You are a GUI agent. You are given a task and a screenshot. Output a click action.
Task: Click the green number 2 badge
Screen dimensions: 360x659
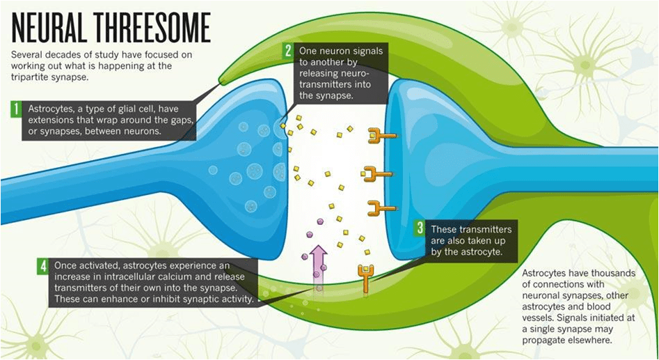[x=287, y=50]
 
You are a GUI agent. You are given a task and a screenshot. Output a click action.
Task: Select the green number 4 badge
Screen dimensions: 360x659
[x=44, y=265]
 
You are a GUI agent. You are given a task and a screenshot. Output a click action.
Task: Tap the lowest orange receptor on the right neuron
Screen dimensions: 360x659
[x=381, y=207]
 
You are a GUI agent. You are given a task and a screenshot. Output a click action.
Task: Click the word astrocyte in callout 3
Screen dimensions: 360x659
[x=475, y=251]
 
